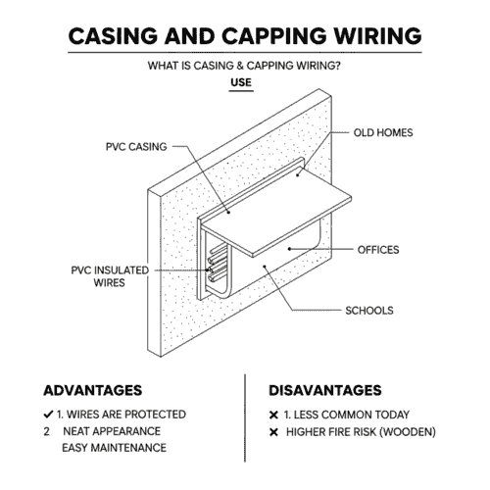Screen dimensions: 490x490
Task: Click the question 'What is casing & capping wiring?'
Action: (x=244, y=66)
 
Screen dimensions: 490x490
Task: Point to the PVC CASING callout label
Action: (x=137, y=147)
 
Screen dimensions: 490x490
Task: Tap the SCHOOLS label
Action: (x=368, y=311)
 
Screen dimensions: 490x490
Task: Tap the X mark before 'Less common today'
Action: (x=273, y=414)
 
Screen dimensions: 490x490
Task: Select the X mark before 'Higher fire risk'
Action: (x=273, y=431)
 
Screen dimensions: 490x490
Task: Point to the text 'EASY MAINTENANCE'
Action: (x=114, y=448)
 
